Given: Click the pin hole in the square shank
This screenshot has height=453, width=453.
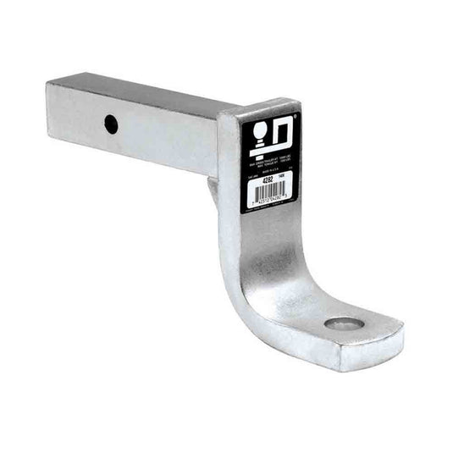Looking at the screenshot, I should point(111,123).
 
